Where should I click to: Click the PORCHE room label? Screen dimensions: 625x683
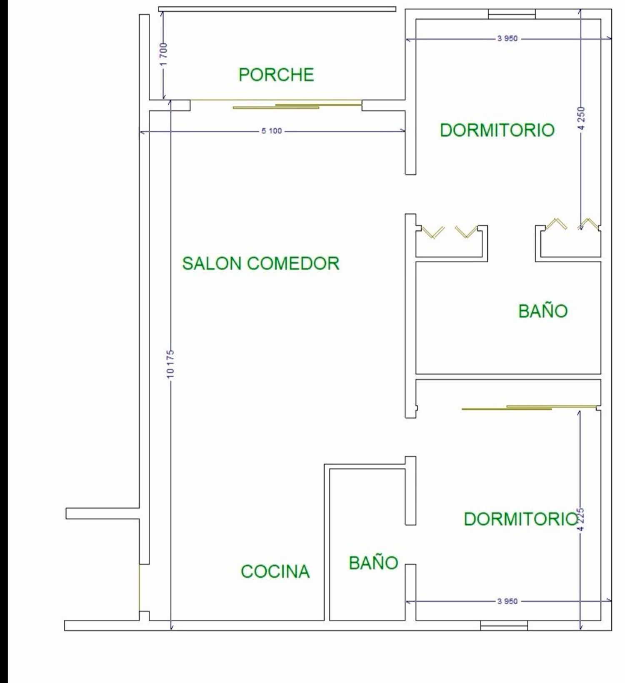point(276,75)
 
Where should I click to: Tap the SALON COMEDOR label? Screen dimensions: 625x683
point(261,264)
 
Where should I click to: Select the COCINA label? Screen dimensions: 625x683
point(275,571)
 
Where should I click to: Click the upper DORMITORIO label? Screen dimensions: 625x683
point(497,130)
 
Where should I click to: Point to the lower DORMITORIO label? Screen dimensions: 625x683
point(521,519)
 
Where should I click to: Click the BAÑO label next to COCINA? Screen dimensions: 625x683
point(373,563)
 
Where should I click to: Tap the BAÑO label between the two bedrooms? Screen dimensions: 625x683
point(543,311)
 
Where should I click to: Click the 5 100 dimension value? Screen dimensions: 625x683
point(272,131)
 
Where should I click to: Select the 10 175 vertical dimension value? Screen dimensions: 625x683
point(170,364)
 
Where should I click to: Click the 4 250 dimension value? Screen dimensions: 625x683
point(582,118)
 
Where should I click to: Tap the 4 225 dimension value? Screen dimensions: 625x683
point(582,519)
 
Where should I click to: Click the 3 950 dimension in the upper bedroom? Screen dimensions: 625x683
point(507,39)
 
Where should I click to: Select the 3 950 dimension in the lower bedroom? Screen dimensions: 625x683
point(507,601)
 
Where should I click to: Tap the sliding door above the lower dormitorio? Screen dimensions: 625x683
point(529,407)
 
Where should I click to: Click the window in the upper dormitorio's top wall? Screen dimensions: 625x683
point(512,14)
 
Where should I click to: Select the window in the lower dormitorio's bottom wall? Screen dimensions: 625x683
point(504,626)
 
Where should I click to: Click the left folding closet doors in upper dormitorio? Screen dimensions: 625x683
point(449,232)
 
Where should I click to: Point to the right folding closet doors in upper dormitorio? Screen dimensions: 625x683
point(572,224)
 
